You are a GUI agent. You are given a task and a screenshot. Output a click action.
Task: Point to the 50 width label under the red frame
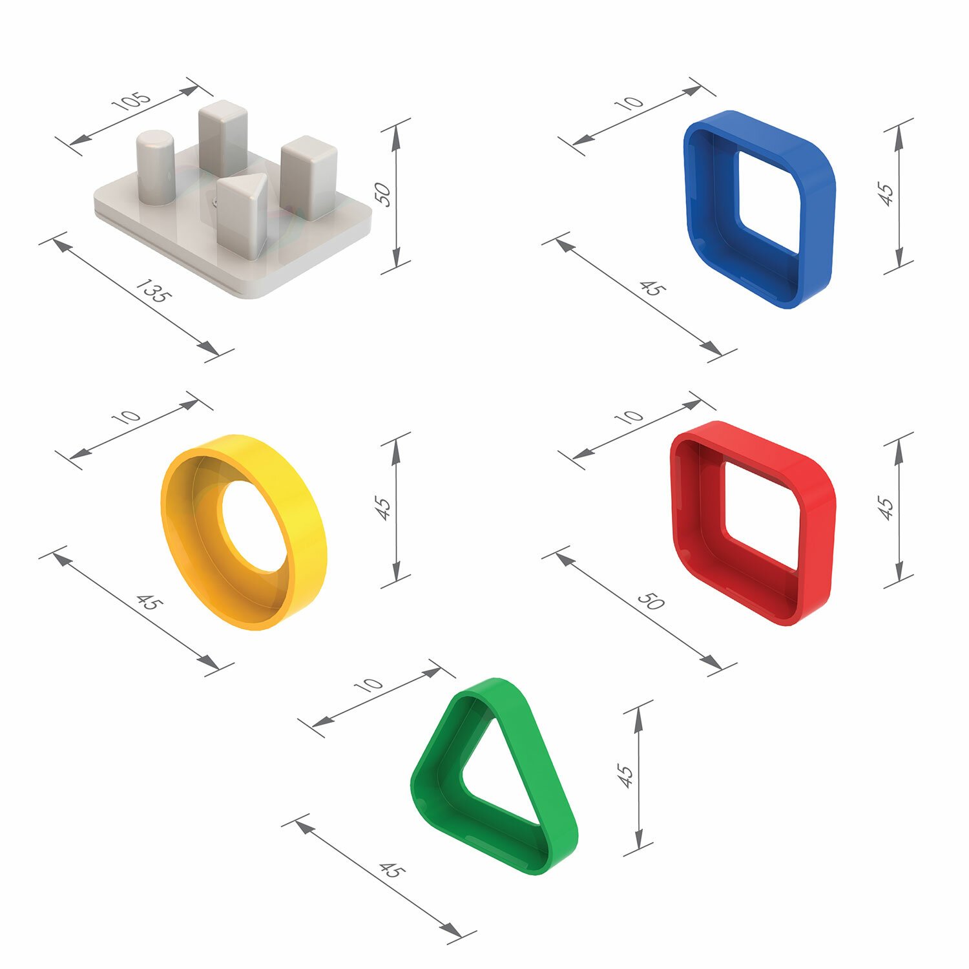pyautogui.click(x=651, y=601)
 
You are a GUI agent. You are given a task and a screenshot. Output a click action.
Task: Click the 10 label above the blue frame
pyautogui.click(x=630, y=103)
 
